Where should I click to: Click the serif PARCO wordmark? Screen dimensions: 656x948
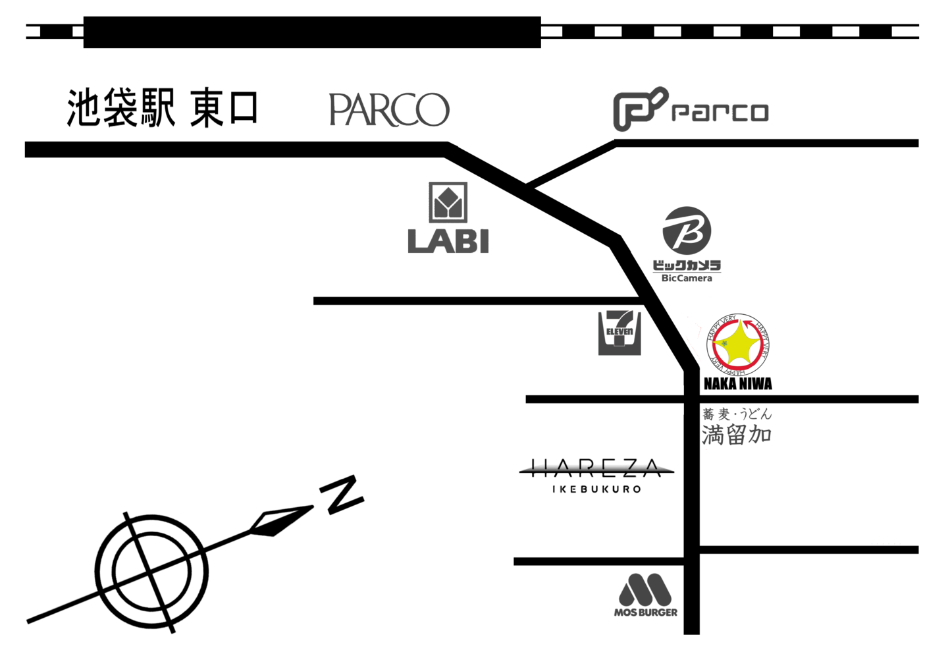pos(389,109)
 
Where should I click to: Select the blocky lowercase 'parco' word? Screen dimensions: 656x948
pos(720,112)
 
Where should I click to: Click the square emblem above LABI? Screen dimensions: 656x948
pos(448,202)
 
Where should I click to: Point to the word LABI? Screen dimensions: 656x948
pos(448,240)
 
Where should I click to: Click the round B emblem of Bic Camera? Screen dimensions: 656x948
pos(687,230)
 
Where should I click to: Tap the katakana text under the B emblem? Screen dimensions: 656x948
pos(687,265)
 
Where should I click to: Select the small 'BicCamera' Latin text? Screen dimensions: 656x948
pos(687,279)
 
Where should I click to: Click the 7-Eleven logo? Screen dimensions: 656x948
pos(619,333)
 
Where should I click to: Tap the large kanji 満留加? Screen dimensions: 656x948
pos(736,435)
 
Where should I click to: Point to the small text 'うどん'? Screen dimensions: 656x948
pos(755,414)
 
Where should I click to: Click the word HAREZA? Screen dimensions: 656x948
pos(596,468)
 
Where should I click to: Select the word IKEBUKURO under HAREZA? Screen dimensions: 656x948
pos(596,489)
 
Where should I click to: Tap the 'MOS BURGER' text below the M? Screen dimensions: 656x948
pos(645,613)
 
